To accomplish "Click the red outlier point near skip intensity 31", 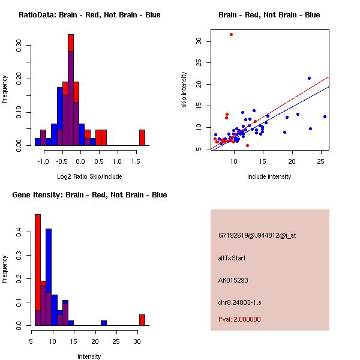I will [231, 34].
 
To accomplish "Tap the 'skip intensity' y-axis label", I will [185, 90].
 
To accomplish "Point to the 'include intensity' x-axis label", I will [269, 176].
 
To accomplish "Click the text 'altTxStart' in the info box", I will [232, 258].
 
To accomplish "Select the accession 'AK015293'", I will [233, 280].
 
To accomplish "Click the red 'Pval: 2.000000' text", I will [239, 319].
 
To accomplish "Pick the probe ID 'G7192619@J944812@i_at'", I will [257, 235].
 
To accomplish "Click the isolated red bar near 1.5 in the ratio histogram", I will [142, 137].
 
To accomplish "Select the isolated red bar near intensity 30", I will [142, 320].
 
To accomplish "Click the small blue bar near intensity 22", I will [104, 323].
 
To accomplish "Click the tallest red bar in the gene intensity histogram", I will [38, 270].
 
